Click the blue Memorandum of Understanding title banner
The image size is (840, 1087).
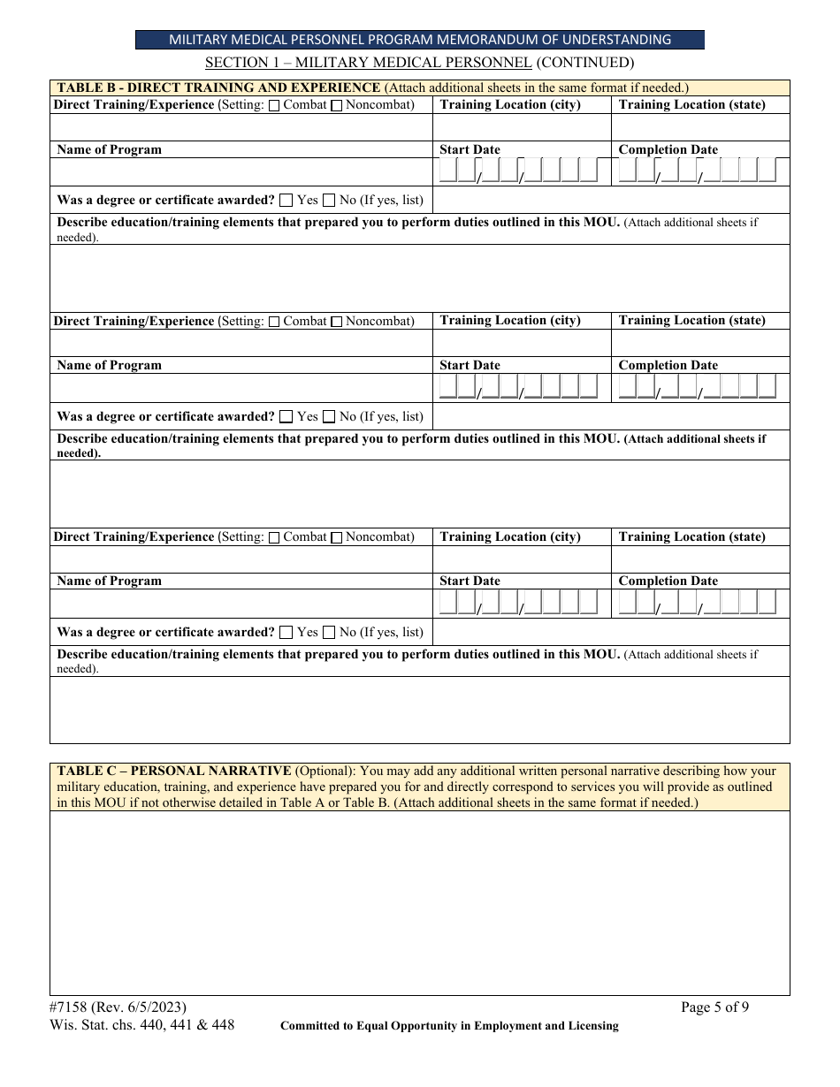(420, 40)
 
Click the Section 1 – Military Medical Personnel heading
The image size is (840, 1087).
(420, 63)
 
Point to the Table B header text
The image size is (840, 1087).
(218, 87)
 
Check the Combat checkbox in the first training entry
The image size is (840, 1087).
(274, 106)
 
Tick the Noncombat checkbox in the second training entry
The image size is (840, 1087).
(336, 322)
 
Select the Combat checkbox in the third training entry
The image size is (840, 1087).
(274, 537)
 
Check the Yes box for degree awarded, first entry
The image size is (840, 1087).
(286, 201)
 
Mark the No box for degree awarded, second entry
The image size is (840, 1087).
(329, 416)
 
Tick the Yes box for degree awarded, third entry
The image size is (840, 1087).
(286, 633)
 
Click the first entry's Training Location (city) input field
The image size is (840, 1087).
(522, 127)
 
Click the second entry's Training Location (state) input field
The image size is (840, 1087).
(699, 343)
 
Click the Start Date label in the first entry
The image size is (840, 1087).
(470, 149)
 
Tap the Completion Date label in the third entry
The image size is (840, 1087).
(668, 581)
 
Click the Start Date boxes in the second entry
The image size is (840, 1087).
(519, 387)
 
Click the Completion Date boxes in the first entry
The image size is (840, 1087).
(698, 171)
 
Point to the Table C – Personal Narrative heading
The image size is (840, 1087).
(174, 771)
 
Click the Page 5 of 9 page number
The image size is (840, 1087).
(714, 1007)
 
